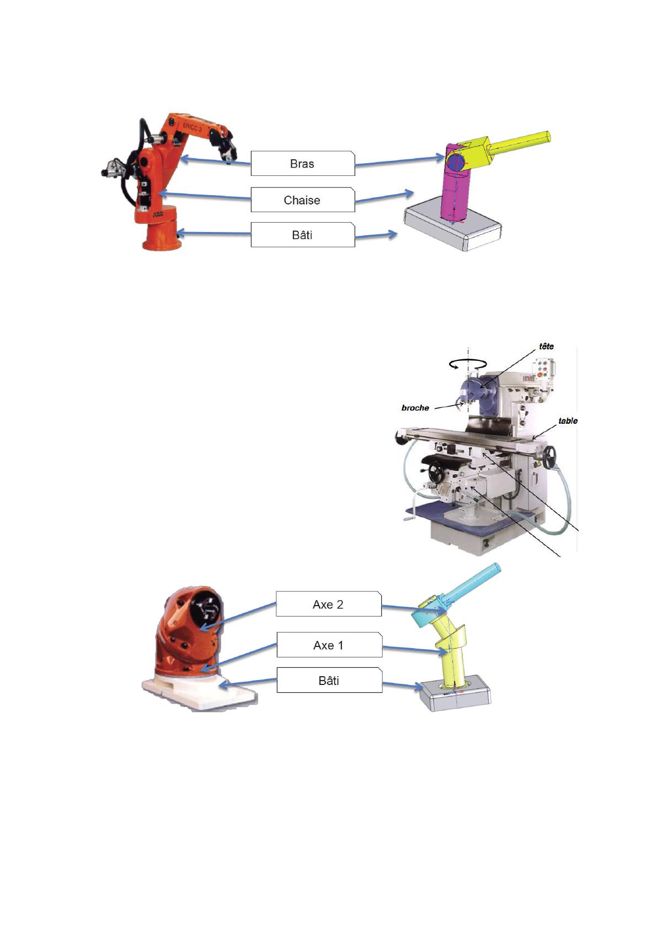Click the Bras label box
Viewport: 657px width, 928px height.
(303, 163)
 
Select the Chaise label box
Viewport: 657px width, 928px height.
(303, 199)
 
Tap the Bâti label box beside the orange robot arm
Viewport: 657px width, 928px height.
(303, 235)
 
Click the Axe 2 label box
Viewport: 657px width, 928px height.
(329, 604)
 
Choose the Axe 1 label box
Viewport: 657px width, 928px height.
(329, 645)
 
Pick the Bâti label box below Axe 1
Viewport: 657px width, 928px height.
(329, 680)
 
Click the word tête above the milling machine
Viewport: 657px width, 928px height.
(546, 346)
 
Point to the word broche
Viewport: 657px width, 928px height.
(415, 408)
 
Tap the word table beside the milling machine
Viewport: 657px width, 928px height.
(568, 421)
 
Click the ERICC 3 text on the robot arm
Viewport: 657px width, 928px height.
(193, 127)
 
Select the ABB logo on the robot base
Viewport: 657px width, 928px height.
(158, 214)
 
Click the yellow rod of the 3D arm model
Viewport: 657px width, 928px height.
(519, 143)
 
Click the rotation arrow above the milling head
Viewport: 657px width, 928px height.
(468, 364)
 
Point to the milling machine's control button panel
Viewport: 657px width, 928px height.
(542, 368)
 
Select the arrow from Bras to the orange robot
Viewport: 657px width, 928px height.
(215, 161)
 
